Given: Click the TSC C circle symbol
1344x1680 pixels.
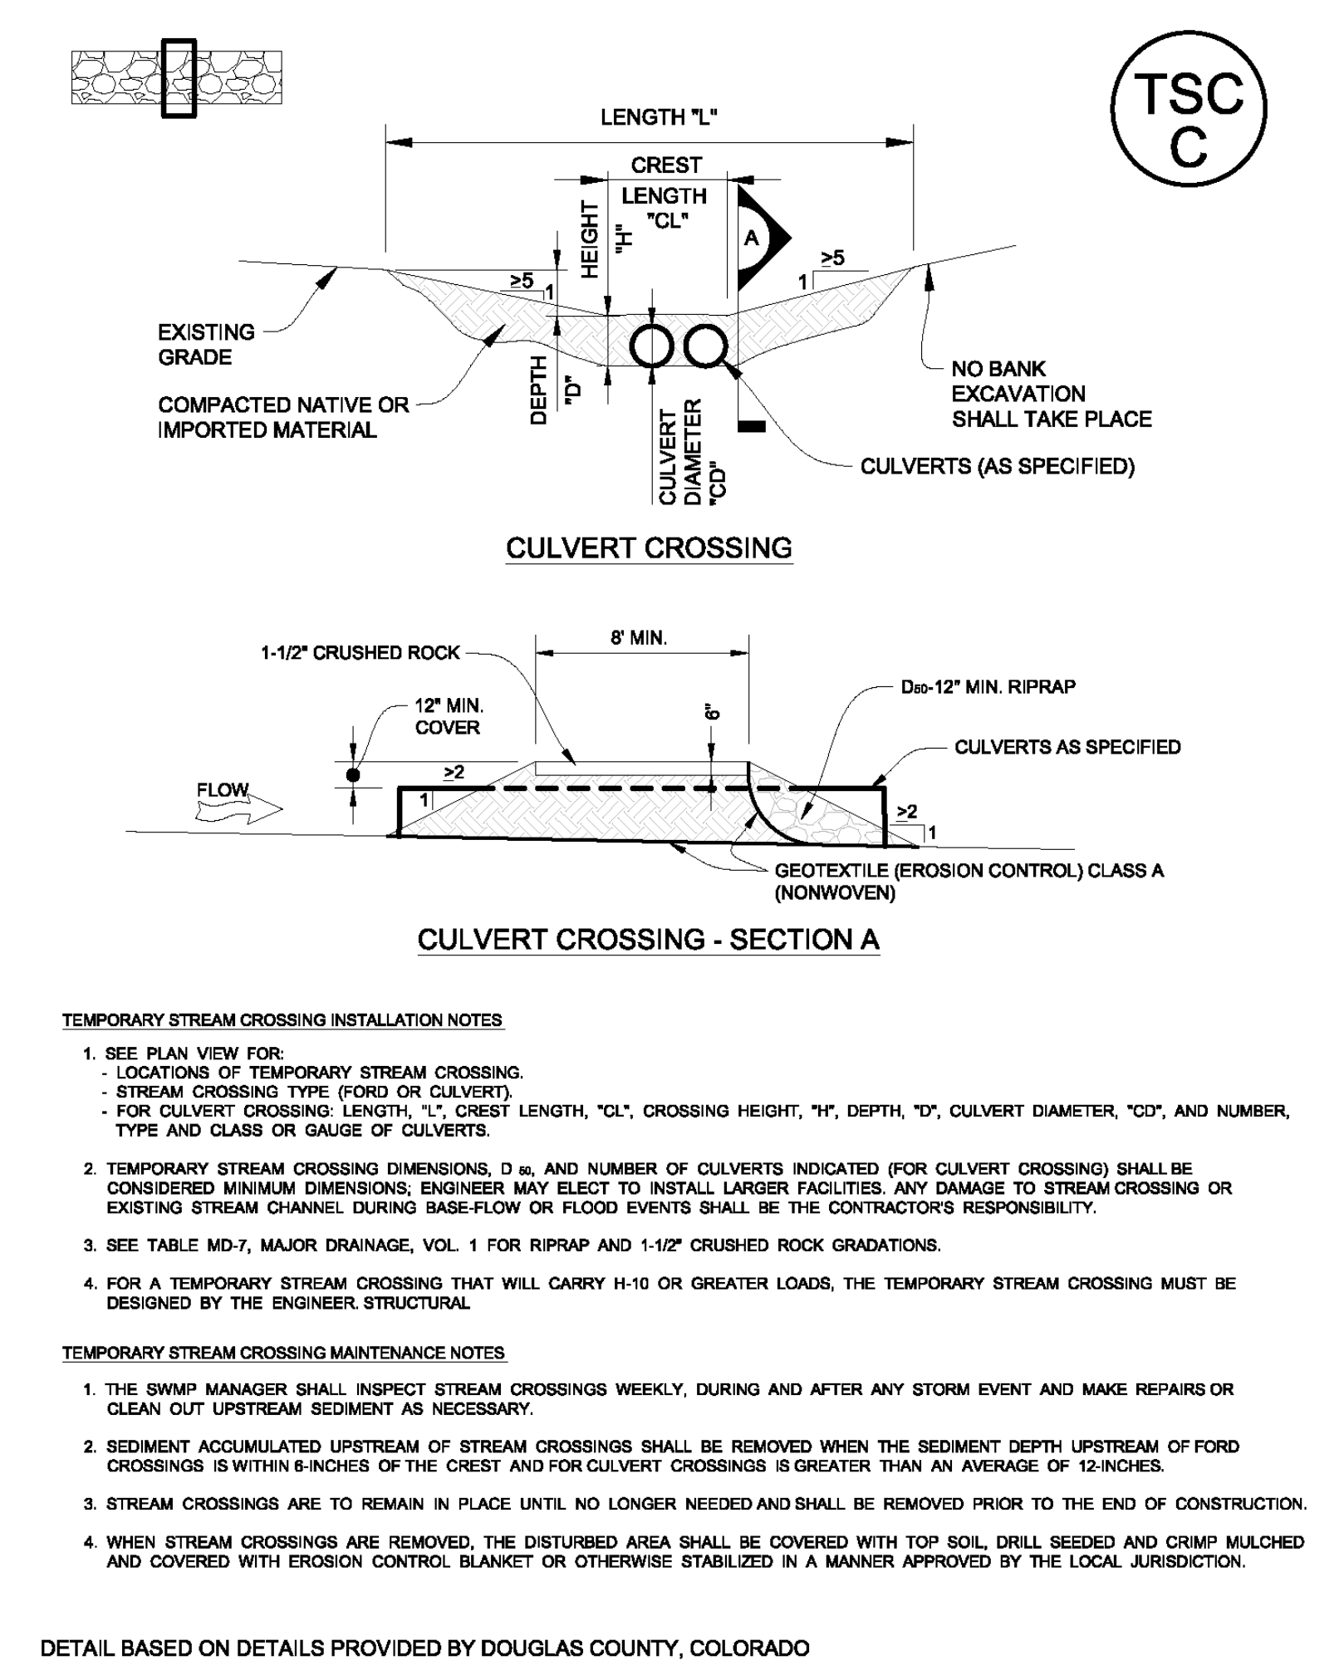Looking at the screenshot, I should click(x=1188, y=110).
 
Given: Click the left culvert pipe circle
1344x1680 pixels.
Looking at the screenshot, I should click(x=652, y=346).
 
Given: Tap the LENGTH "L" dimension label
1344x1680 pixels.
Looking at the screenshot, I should click(x=659, y=118).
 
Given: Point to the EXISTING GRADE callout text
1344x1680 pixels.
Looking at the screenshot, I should click(x=206, y=345).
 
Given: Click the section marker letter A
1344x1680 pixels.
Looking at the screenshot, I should click(x=752, y=239).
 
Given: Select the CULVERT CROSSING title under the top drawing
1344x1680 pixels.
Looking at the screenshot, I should click(x=649, y=548).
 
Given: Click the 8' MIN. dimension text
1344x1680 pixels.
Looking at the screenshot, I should click(x=639, y=638).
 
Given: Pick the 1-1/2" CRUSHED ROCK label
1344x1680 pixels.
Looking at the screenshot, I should click(x=361, y=653).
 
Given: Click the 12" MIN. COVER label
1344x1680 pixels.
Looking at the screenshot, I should click(x=449, y=716).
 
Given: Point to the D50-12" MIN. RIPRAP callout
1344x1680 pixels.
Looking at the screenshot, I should click(x=988, y=687).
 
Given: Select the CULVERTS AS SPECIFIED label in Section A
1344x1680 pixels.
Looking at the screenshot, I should click(x=1067, y=747).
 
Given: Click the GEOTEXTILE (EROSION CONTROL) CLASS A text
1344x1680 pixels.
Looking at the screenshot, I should click(x=969, y=872).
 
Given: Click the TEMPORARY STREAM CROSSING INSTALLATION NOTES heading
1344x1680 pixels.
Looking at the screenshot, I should click(x=282, y=1020).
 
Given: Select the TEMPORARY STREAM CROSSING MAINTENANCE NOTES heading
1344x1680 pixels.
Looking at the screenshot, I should click(x=284, y=1353).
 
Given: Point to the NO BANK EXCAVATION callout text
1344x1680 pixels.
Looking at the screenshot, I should click(x=1051, y=394).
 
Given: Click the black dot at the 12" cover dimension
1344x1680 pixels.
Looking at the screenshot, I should click(x=353, y=775).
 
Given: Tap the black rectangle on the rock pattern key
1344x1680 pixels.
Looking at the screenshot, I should click(x=178, y=79).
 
